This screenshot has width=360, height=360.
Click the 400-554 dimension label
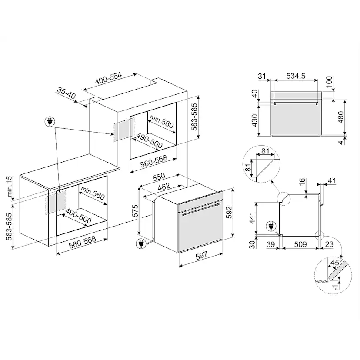[x=108, y=78]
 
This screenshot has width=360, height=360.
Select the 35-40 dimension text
[x=66, y=93]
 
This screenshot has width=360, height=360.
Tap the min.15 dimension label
[x=9, y=186]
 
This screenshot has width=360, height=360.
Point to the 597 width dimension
[x=201, y=255]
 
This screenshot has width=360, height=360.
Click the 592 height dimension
[x=229, y=212]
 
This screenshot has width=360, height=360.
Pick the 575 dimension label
[x=135, y=210]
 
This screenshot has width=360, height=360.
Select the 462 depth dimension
[x=164, y=186]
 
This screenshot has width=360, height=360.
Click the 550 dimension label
[x=159, y=177]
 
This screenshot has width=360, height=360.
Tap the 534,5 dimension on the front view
[x=296, y=76]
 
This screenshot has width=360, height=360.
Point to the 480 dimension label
[x=341, y=117]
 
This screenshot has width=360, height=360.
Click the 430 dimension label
[x=255, y=120]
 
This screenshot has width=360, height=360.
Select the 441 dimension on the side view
[x=252, y=218]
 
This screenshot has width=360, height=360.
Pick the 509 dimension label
[x=300, y=244]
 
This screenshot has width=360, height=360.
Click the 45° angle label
[x=336, y=262]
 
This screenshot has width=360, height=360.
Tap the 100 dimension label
[x=329, y=82]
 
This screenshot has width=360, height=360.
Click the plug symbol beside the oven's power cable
[x=141, y=243]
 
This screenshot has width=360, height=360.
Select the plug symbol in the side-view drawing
[x=271, y=226]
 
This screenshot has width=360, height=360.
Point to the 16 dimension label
[x=302, y=181]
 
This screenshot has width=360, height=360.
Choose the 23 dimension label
[x=329, y=244]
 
